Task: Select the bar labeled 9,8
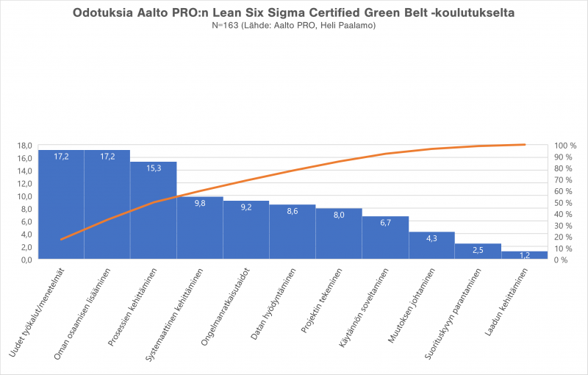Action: point(200,231)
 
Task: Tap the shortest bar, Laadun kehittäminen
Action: point(524,255)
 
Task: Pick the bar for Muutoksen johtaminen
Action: point(431,246)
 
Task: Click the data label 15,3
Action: point(154,168)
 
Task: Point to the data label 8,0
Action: point(339,215)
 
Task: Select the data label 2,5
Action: point(478,250)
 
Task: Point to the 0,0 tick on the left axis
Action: point(25,260)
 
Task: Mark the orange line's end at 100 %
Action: point(524,145)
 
